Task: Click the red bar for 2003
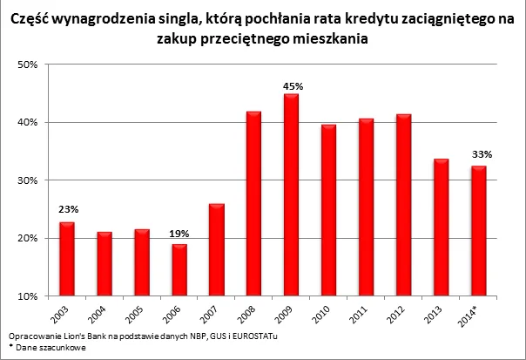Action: coord(66,259)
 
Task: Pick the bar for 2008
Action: coord(253,204)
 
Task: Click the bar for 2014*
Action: coord(477,231)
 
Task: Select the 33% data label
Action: coord(477,154)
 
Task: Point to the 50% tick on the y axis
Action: coord(28,65)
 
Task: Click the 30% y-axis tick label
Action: coord(28,180)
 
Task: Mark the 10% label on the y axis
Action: coord(28,296)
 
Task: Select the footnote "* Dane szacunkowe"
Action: coord(44,346)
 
